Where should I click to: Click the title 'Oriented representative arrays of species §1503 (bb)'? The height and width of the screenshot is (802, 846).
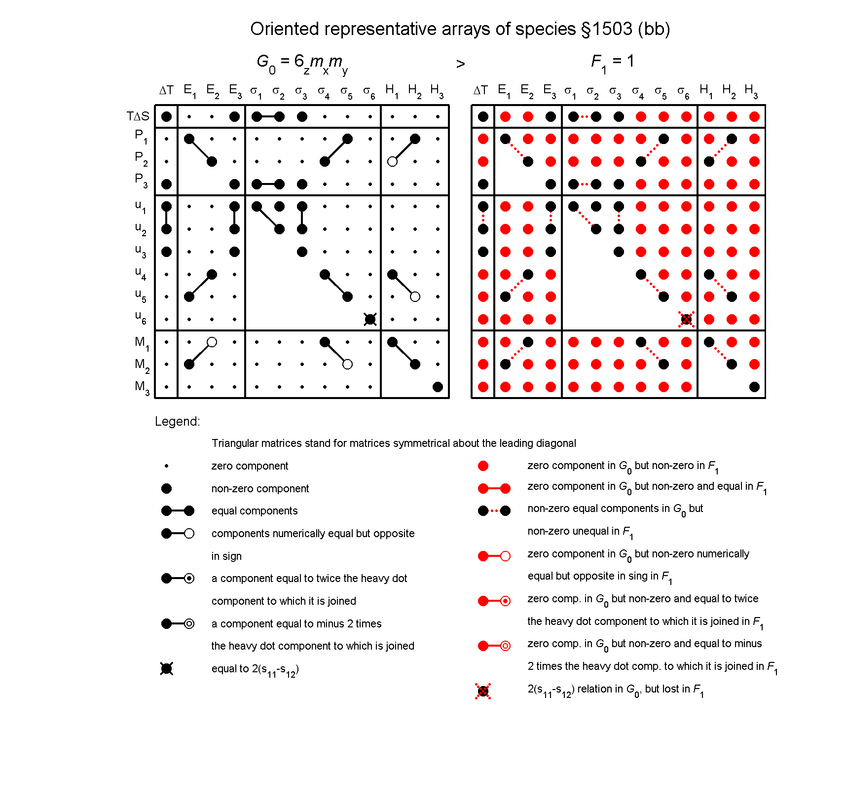tap(460, 29)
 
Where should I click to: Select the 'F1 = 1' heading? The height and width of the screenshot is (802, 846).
tap(612, 62)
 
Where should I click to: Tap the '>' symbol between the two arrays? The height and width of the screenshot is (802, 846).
tap(460, 64)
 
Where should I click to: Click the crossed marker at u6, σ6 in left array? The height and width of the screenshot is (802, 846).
tap(370, 319)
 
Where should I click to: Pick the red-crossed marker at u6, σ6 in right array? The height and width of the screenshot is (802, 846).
tap(686, 319)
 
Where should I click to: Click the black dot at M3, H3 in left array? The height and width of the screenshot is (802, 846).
tap(438, 387)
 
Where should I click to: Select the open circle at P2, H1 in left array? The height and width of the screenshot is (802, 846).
tap(393, 161)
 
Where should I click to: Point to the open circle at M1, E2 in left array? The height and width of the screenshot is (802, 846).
tap(212, 342)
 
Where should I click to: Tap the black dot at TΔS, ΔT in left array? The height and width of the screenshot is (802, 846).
tap(167, 116)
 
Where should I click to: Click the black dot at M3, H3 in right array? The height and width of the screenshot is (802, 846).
tap(754, 387)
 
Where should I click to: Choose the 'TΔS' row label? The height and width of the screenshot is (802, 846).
tap(138, 116)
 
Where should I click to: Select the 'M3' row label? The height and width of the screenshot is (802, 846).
tap(142, 387)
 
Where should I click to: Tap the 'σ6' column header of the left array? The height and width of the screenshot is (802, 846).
tap(369, 92)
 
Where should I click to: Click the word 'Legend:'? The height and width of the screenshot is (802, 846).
tap(177, 421)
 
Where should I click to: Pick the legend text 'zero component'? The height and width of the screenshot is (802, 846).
tap(250, 466)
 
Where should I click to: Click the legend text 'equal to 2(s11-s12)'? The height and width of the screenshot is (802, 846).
tap(255, 669)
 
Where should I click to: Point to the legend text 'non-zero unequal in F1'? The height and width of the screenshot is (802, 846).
tap(580, 532)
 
